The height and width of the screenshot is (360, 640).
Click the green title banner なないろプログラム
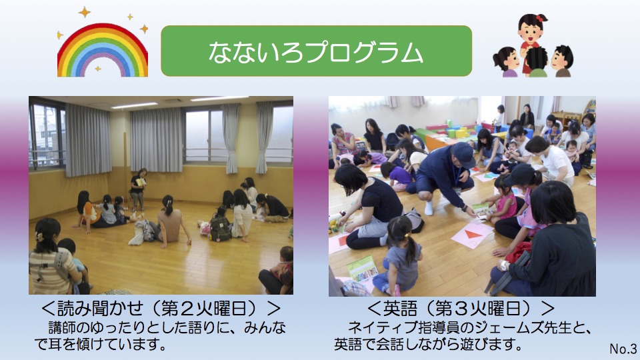[316, 51]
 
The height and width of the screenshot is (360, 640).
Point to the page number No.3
[623, 349]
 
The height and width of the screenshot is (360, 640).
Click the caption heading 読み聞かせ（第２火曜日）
[161, 309]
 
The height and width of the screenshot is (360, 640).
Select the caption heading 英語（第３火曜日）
[461, 309]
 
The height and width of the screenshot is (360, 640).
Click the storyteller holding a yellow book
[138, 189]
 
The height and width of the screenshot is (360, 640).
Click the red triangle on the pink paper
[472, 234]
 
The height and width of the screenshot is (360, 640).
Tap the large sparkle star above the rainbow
[85, 12]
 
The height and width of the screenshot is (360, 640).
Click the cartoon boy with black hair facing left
[563, 61]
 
